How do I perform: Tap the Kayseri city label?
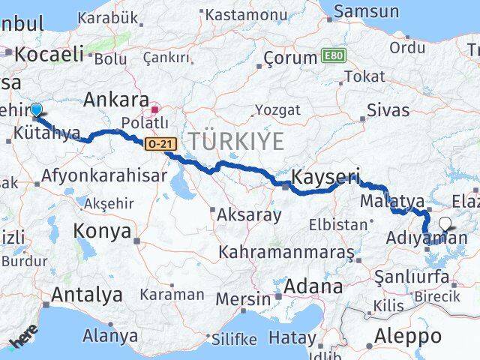pyautogui.click(x=325, y=178)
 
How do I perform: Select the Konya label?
pyautogui.click(x=103, y=231)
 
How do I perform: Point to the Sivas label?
pyautogui.click(x=388, y=111)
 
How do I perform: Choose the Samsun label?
pyautogui.click(x=366, y=11)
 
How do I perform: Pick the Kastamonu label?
pyautogui.click(x=240, y=15)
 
